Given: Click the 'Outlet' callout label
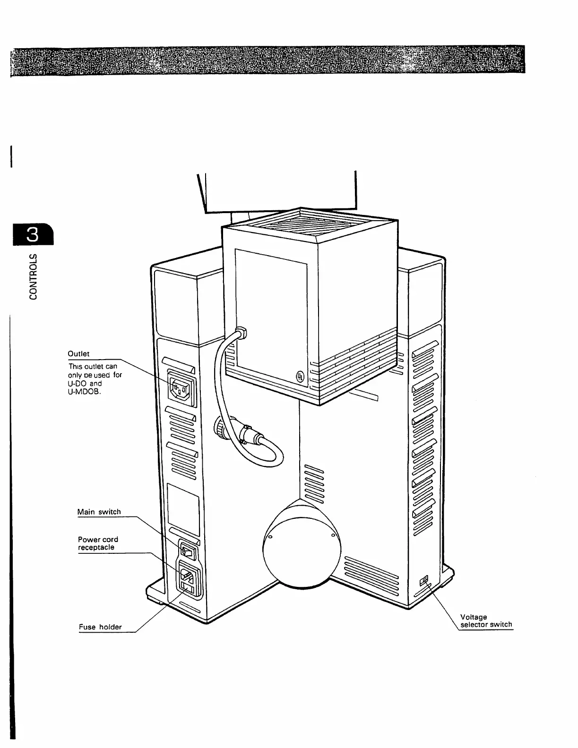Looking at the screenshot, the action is (x=79, y=354).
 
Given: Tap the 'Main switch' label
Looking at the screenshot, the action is (x=99, y=512).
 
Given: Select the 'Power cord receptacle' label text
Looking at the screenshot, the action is (x=97, y=543).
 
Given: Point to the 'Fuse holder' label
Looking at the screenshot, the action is (x=100, y=627).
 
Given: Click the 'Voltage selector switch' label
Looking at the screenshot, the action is (x=486, y=620).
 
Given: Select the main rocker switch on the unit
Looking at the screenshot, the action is (x=189, y=551).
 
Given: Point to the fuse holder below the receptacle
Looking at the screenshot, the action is (x=189, y=588).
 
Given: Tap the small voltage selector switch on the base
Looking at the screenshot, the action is (x=423, y=579).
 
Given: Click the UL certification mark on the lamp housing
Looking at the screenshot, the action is (x=300, y=377).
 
